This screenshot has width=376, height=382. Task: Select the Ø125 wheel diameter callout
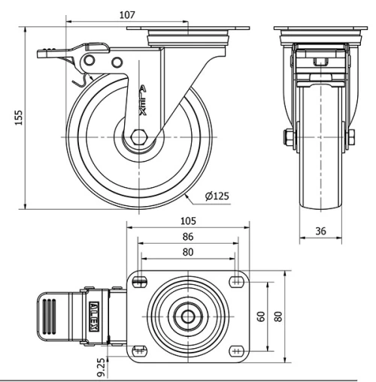217,197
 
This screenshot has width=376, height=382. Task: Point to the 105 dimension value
187,220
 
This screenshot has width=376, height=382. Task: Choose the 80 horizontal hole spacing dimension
187,252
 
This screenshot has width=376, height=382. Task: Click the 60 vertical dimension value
260,316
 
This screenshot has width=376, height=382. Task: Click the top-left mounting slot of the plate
141,281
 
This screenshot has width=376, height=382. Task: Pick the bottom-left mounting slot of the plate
141,350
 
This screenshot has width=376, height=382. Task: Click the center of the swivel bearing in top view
186,317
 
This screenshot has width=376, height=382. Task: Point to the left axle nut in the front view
288,137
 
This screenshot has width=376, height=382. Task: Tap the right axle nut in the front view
351,137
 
